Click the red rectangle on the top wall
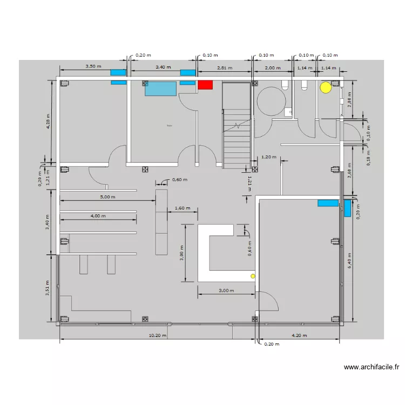[205, 84]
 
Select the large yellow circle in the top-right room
[326, 87]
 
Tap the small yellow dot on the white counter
[252, 276]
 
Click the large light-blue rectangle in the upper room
[160, 89]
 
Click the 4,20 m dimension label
[300, 335]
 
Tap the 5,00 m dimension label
[107, 197]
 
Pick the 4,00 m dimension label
[98, 216]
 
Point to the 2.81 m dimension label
[224, 68]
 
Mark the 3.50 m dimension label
[93, 66]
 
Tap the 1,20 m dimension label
[268, 157]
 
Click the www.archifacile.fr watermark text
[372, 367]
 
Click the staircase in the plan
[237, 138]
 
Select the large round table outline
[270, 101]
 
